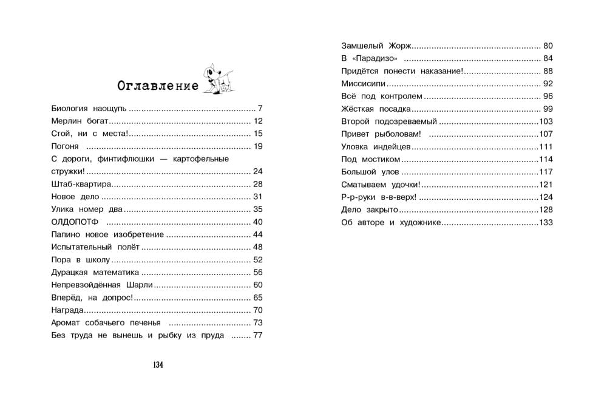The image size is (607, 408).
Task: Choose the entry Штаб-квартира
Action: coord(81,184)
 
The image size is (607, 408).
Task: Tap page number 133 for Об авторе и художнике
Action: coord(546,223)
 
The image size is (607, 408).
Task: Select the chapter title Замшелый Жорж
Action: coord(376,46)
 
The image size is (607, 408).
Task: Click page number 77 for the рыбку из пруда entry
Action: coord(257,335)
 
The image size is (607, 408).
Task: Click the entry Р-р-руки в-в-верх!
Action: coord(379,197)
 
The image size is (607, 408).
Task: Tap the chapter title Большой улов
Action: coord(368,172)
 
